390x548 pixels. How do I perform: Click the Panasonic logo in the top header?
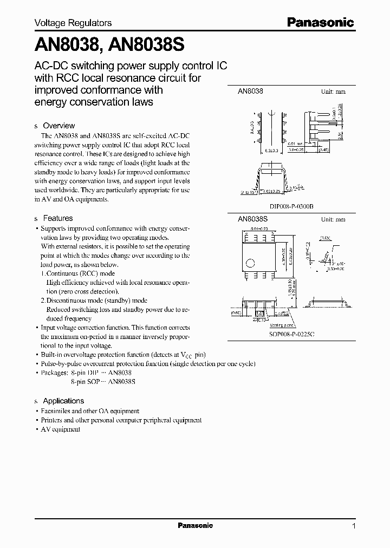(320, 22)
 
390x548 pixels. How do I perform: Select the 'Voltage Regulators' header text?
(73, 23)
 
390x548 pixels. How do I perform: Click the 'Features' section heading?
(57, 218)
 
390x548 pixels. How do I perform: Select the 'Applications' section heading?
(63, 401)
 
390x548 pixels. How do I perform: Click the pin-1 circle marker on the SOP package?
(250, 263)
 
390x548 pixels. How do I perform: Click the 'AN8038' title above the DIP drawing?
(250, 92)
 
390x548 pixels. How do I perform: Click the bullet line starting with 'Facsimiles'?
(90, 411)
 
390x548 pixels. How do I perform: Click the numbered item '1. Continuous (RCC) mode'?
(79, 273)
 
